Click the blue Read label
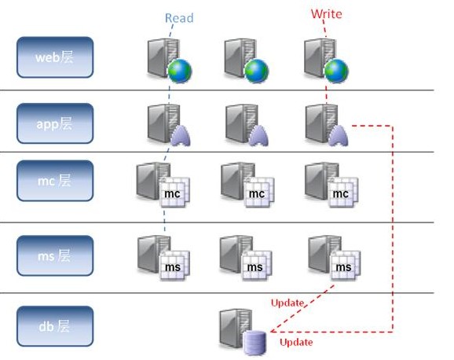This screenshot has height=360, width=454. pyautogui.click(x=179, y=17)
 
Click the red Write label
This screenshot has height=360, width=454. pyautogui.click(x=326, y=14)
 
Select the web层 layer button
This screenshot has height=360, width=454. pyautogui.click(x=54, y=57)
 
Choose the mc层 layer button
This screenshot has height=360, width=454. pyautogui.click(x=54, y=181)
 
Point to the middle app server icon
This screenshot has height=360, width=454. pyautogui.click(x=245, y=125)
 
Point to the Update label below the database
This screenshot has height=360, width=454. pyautogui.click(x=295, y=342)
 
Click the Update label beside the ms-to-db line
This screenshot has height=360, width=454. pyautogui.click(x=287, y=302)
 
